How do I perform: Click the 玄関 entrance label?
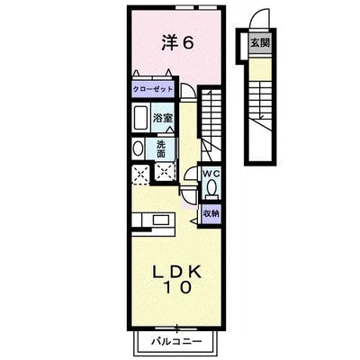[x=258, y=42]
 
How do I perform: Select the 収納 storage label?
[x=211, y=212]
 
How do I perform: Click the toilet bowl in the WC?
[x=212, y=188]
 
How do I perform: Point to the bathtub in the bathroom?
[x=142, y=119]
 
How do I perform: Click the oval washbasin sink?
[x=138, y=149]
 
